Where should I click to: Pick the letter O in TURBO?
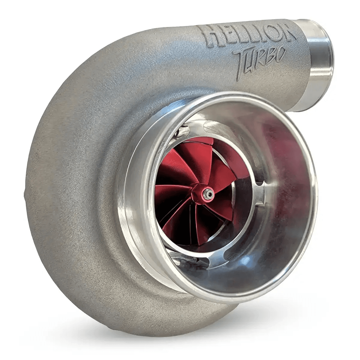(277, 54)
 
